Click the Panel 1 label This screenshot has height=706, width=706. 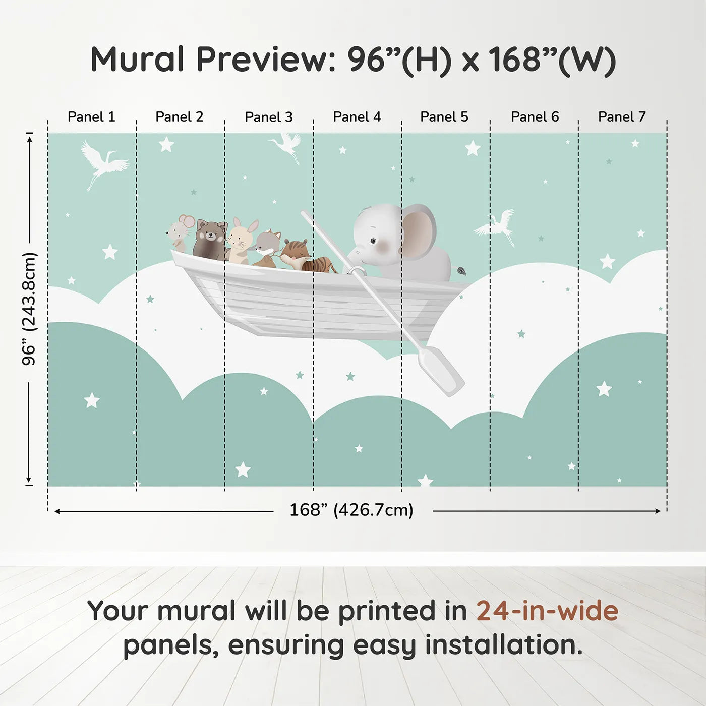[92, 117]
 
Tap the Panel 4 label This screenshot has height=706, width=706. [357, 117]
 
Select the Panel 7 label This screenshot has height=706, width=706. [622, 117]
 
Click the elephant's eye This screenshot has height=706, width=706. [373, 241]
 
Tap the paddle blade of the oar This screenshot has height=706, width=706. [441, 371]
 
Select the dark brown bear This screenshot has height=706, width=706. [209, 240]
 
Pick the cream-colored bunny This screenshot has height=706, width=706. [242, 241]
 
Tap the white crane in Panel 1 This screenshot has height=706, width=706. [104, 164]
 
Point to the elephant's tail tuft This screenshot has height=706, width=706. [460, 270]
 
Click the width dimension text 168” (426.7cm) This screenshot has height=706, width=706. [351, 510]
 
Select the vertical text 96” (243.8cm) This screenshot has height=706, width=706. [29, 309]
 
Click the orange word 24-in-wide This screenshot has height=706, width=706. [547, 611]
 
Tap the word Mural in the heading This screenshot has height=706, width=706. [137, 60]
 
